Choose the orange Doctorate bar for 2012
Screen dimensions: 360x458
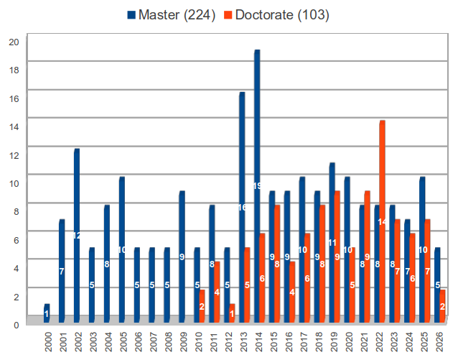pyautogui.click(x=232, y=313)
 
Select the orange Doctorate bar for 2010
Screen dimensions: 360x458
pyautogui.click(x=202, y=305)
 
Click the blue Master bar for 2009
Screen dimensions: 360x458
pyautogui.click(x=182, y=256)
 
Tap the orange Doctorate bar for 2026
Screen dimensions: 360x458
pyautogui.click(x=442, y=305)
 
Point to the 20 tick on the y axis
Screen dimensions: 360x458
pyautogui.click(x=13, y=42)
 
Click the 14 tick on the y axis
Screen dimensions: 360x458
pyautogui.click(x=13, y=126)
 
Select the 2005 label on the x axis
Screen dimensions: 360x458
pyautogui.click(x=123, y=340)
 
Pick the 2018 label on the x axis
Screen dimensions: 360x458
pyautogui.click(x=317, y=340)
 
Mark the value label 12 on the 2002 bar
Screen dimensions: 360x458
pyautogui.click(x=76, y=236)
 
